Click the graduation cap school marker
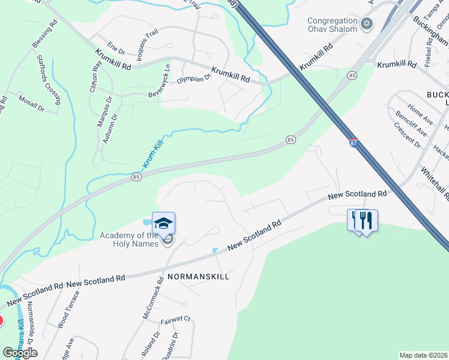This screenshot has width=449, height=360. click(x=163, y=224)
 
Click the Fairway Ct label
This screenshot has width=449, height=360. click(x=178, y=322)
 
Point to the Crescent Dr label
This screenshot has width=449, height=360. click(x=407, y=135)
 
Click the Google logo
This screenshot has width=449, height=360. click(x=20, y=353)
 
